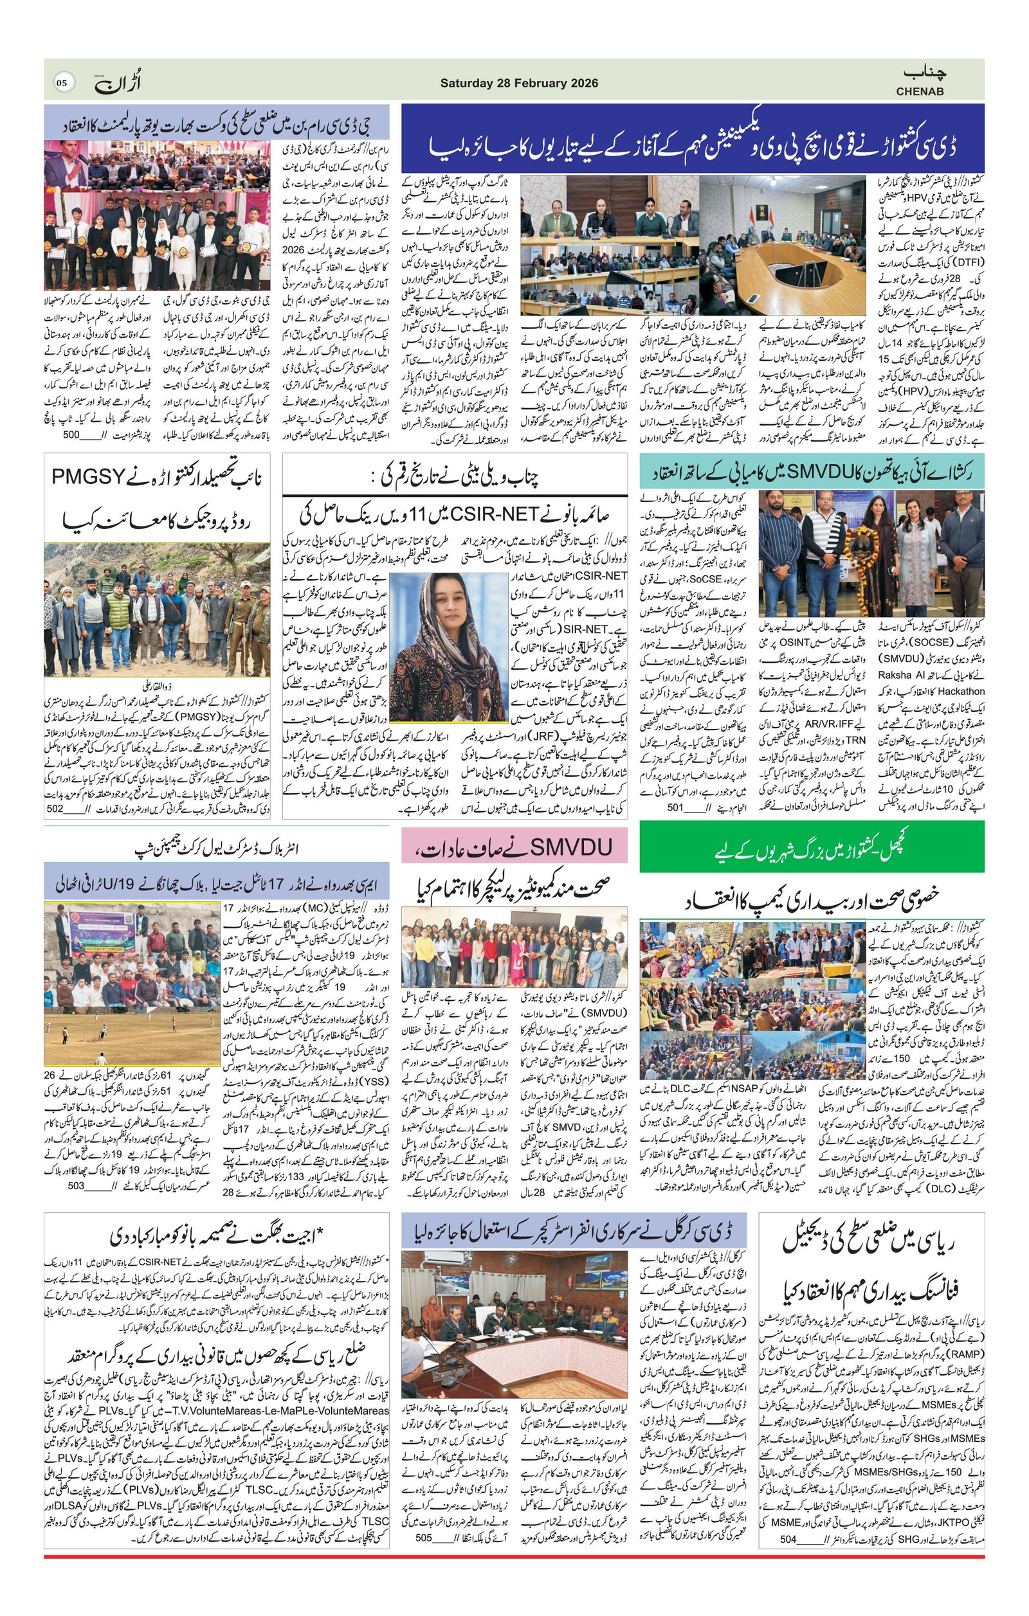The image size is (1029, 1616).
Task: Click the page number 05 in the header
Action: coord(62,83)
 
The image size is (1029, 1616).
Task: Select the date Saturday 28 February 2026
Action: coord(519,83)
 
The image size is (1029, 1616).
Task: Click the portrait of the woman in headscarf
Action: coord(448,647)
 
